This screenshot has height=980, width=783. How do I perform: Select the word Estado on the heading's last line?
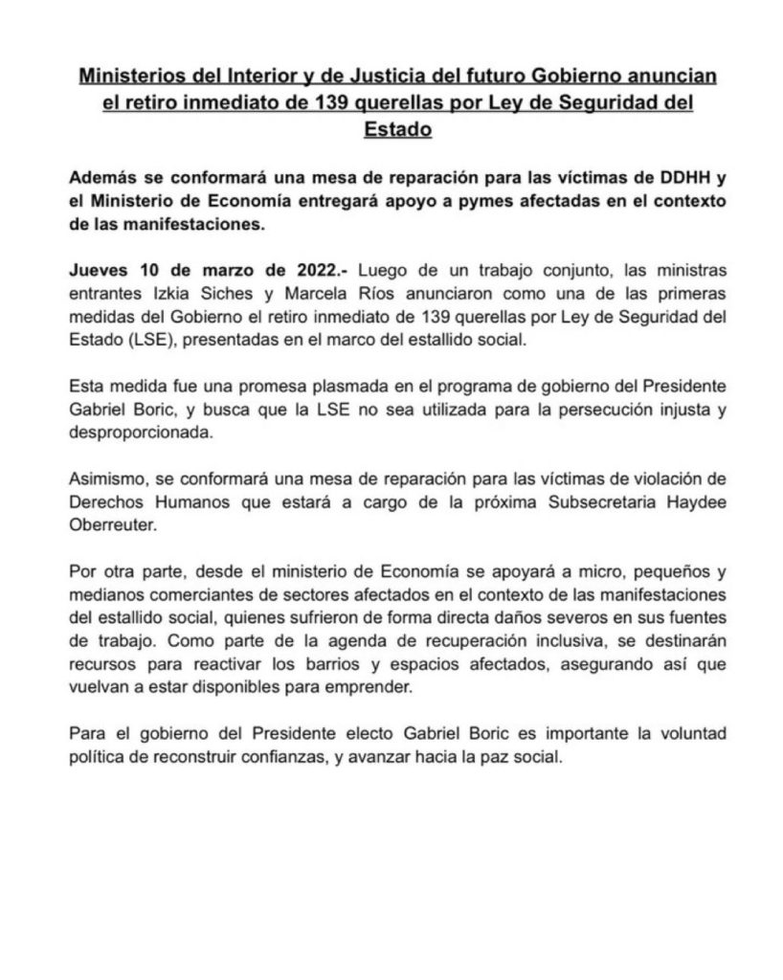click(x=398, y=128)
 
